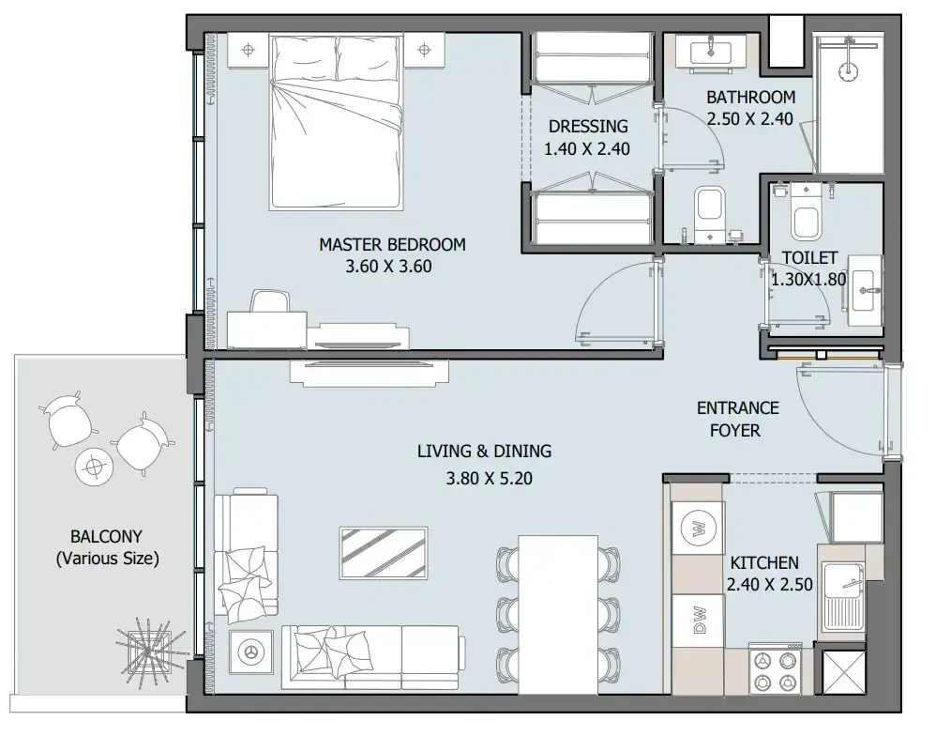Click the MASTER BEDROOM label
point(392,245)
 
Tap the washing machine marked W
point(698,528)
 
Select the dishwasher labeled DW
point(698,620)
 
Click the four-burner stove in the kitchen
point(775,668)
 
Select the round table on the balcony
point(94,467)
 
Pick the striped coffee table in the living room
point(384,553)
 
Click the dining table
point(558,614)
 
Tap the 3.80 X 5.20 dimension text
point(489,479)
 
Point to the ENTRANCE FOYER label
point(737,419)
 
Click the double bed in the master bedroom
point(337,122)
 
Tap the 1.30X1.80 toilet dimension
point(808,280)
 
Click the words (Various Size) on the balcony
point(107,558)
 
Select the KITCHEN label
point(764,563)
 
